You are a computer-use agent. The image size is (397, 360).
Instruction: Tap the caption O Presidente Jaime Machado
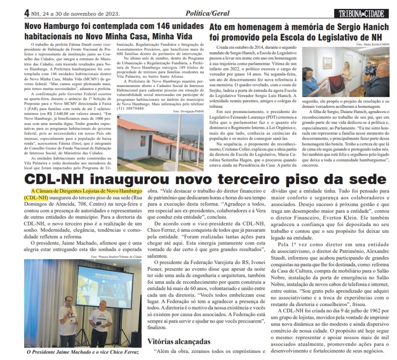pyautogui.click(x=66, y=352)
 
